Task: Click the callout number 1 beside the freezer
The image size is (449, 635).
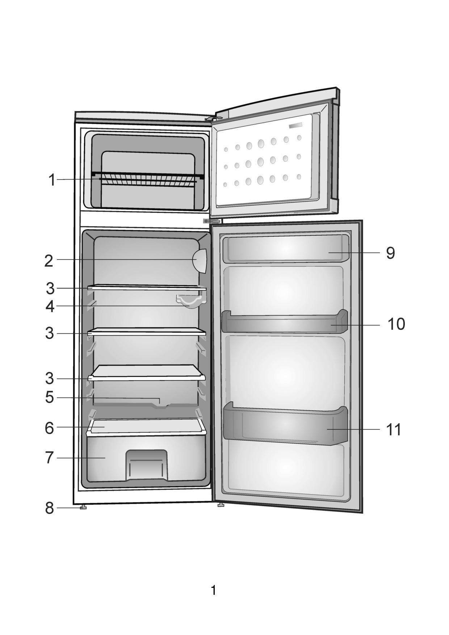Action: click(52, 180)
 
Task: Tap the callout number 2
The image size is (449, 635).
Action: click(49, 261)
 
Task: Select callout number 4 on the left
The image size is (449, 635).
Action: click(50, 307)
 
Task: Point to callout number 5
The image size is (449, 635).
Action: click(50, 397)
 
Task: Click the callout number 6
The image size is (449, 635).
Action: click(49, 428)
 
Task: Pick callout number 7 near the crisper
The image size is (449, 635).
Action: click(50, 458)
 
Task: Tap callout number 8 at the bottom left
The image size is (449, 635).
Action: click(50, 508)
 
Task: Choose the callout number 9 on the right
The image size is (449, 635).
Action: click(390, 253)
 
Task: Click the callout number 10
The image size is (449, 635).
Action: click(396, 324)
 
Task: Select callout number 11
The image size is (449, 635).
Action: click(394, 430)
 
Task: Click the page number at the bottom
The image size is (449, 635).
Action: click(214, 590)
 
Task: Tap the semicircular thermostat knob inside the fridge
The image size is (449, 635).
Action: click(200, 261)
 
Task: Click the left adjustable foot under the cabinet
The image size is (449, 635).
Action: click(83, 507)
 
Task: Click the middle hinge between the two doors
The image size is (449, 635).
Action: click(212, 221)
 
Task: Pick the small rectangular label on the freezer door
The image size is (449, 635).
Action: click(295, 125)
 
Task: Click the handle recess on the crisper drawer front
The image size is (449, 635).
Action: click(147, 465)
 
